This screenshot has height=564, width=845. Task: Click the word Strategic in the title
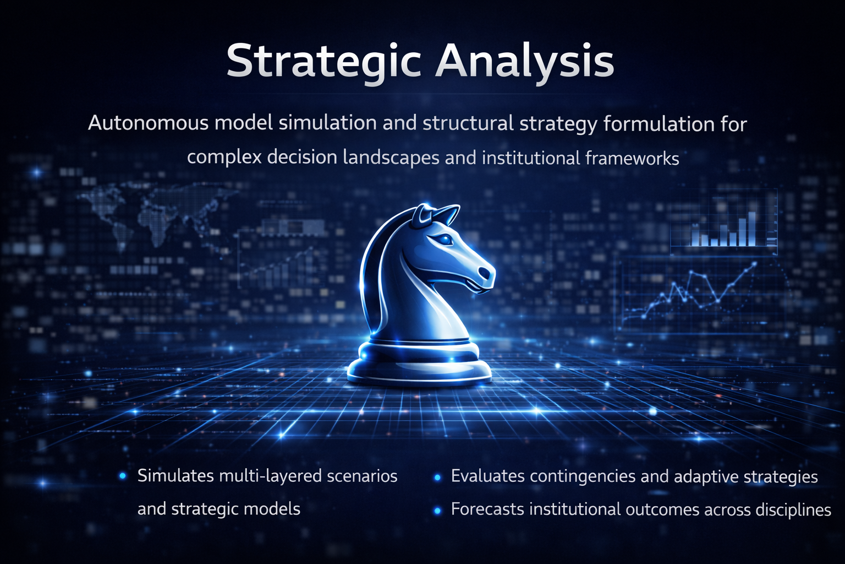pyautogui.click(x=323, y=62)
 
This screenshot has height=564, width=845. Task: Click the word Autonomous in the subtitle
pyautogui.click(x=148, y=123)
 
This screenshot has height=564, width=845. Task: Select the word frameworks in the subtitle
pyautogui.click(x=632, y=158)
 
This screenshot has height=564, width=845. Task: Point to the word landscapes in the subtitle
pyautogui.click(x=391, y=158)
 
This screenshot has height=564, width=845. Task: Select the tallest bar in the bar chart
pyautogui.click(x=751, y=229)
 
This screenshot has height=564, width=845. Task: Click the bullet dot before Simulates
pyautogui.click(x=123, y=476)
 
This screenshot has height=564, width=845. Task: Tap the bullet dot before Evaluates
pyautogui.click(x=437, y=478)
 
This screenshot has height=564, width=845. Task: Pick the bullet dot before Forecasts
pyautogui.click(x=437, y=511)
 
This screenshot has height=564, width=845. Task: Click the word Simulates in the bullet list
pyautogui.click(x=176, y=476)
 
